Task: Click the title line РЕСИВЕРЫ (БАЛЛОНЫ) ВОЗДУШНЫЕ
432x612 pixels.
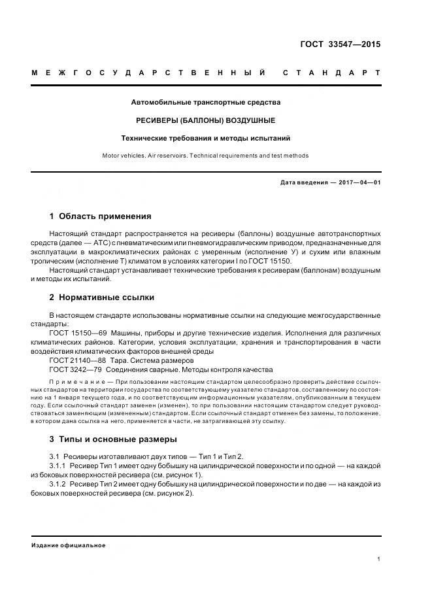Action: tap(205, 120)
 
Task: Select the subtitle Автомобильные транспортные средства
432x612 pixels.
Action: tap(205, 103)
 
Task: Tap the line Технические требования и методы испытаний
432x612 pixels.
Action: tap(205, 138)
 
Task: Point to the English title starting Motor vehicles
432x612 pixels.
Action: tap(205, 156)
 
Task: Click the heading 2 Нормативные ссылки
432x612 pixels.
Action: tap(102, 297)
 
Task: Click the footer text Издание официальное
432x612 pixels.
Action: tap(68, 545)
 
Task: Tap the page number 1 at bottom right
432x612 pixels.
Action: tap(379, 559)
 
